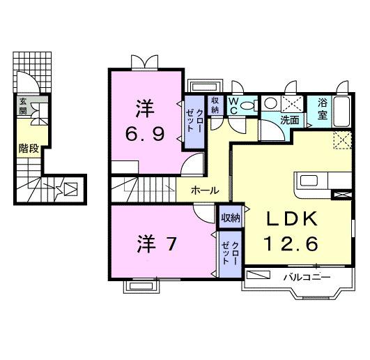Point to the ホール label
click(x=205, y=190)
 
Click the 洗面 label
click(x=290, y=119)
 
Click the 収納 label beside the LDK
click(x=231, y=218)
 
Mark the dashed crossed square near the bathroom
click(x=341, y=140)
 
